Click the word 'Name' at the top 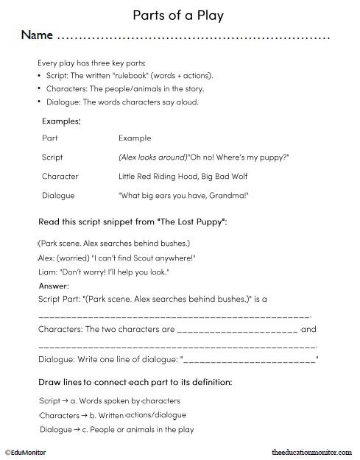tap(36, 35)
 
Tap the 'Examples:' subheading tap(60, 120)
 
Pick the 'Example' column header tap(134, 138)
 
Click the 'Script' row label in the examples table tap(52, 158)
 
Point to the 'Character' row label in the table tap(60, 177)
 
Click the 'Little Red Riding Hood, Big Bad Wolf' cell tap(177, 177)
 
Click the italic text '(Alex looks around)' tap(152, 158)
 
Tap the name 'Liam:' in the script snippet tap(46, 272)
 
